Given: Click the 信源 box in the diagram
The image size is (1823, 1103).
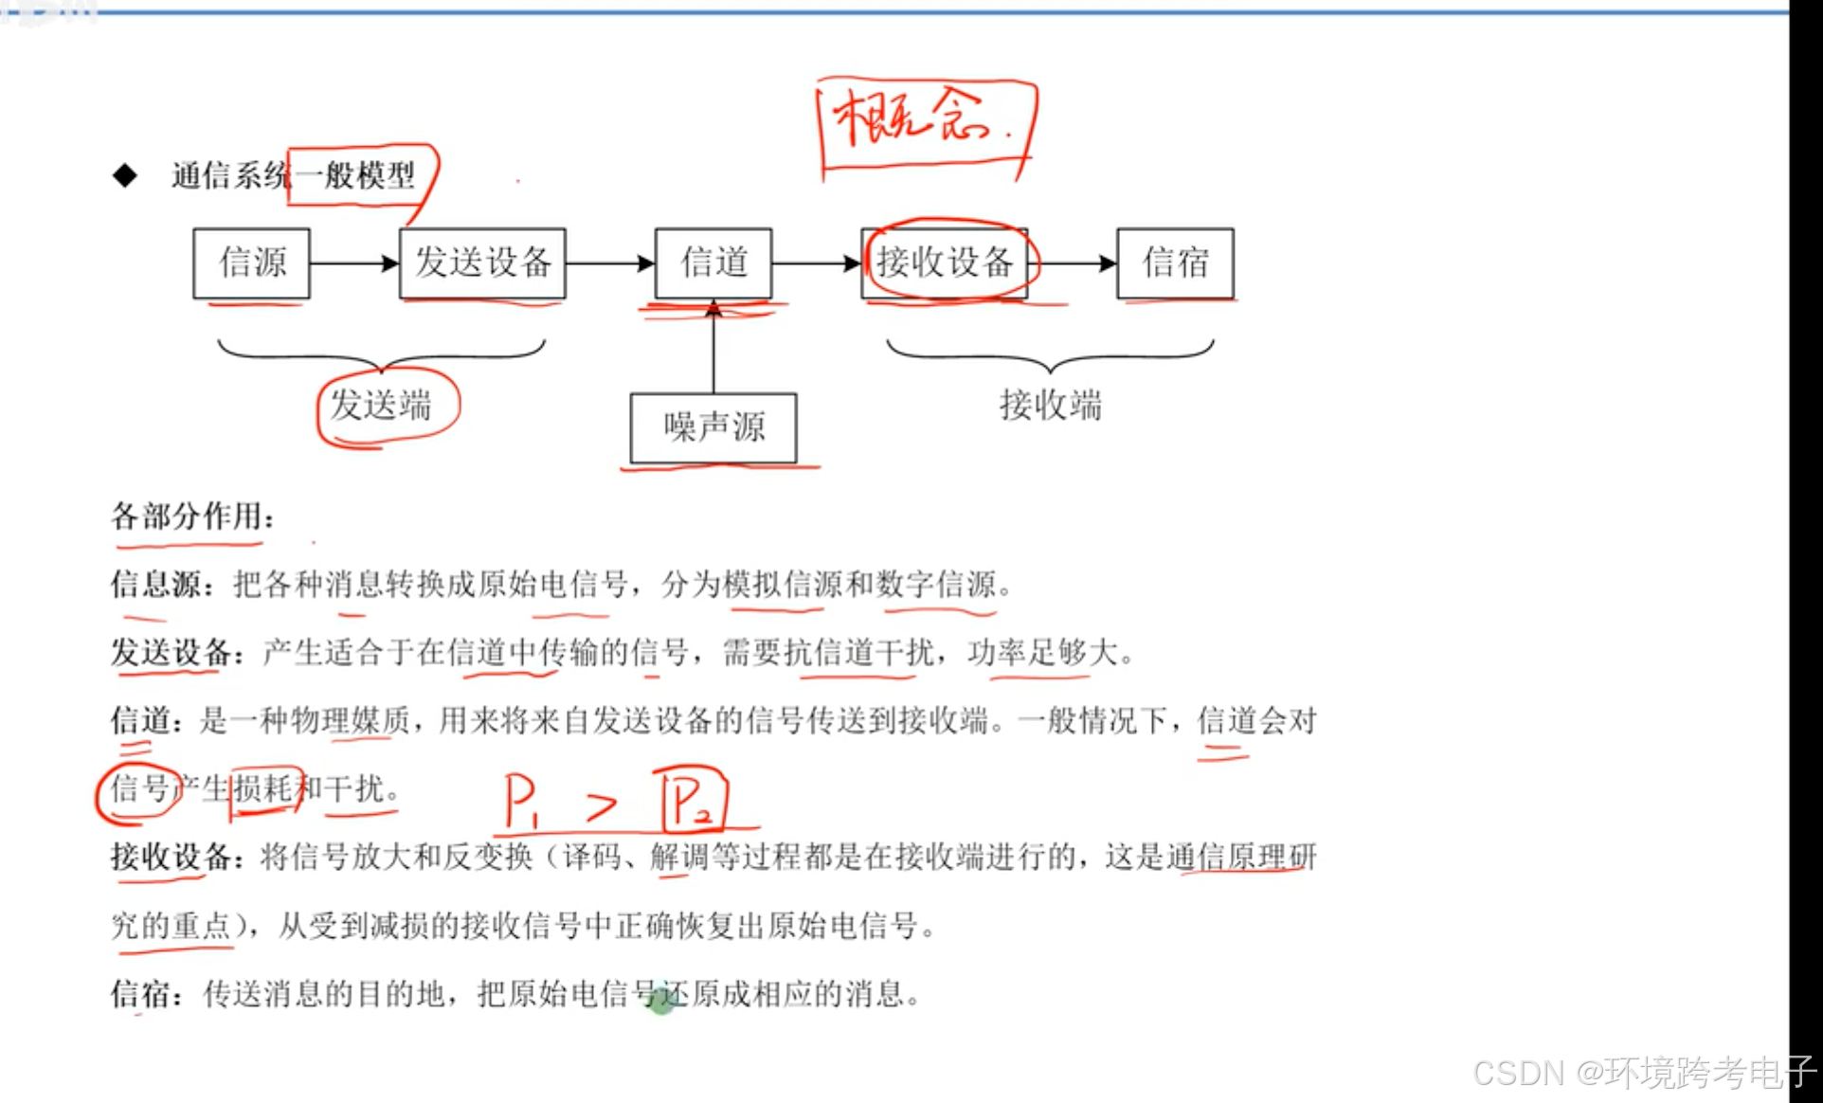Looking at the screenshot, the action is point(251,262).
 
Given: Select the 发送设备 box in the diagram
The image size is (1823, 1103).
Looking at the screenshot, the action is point(482,262).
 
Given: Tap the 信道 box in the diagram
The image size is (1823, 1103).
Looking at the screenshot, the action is point(713,262).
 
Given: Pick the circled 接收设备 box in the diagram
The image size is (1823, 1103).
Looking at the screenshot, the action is point(945,262).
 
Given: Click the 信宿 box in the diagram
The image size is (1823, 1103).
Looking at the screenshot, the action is point(1175,262).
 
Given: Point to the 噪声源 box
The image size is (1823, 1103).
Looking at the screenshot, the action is point(713,427).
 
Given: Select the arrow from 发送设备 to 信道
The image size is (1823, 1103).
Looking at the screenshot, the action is point(609,262).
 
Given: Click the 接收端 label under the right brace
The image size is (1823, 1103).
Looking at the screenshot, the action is point(1051,406).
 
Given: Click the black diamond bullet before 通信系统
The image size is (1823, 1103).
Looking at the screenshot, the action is point(124,175).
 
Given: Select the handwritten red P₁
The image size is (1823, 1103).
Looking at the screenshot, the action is point(519,802).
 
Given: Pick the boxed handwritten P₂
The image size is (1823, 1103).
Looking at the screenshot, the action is point(693,802).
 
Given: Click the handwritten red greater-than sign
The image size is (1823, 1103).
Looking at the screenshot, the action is point(601,805).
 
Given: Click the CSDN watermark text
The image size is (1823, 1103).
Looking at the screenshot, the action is point(1643,1073).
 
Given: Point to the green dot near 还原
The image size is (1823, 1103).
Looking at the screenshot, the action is point(661,1004).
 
